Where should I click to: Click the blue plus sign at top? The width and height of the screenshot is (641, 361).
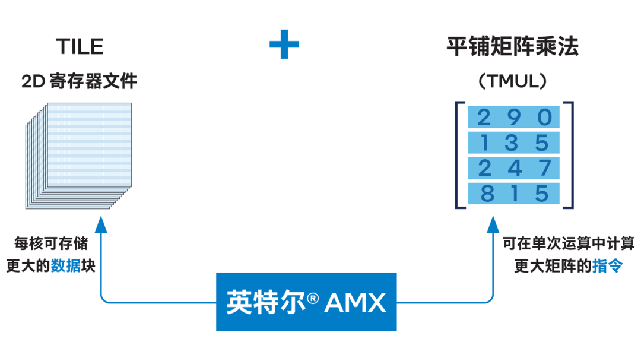[284, 45]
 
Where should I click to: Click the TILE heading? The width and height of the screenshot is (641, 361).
[80, 46]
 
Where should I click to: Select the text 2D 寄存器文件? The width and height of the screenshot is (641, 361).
[80, 81]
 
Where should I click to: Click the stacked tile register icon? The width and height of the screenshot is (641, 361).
[80, 156]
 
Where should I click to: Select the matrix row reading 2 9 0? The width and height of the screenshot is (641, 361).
[514, 118]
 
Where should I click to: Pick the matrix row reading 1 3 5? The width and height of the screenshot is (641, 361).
[514, 143]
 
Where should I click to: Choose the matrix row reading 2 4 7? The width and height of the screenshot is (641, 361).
[514, 169]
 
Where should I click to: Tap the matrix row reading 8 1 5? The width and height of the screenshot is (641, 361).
[514, 194]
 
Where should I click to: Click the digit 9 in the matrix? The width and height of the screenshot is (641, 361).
[514, 118]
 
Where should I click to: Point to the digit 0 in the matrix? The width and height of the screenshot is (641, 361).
[544, 118]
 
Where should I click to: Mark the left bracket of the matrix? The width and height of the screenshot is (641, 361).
[459, 155]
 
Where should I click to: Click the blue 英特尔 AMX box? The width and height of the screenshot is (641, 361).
[306, 302]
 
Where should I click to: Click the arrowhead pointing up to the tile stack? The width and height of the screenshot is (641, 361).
[101, 224]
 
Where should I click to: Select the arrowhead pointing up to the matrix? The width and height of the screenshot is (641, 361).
[493, 224]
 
